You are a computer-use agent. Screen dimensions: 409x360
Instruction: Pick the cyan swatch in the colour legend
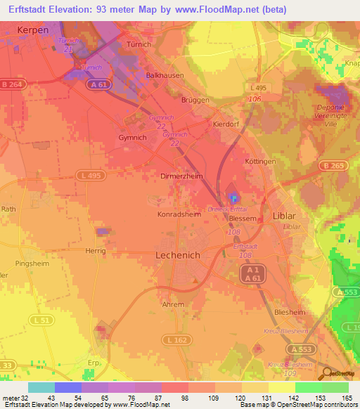(41, 387)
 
